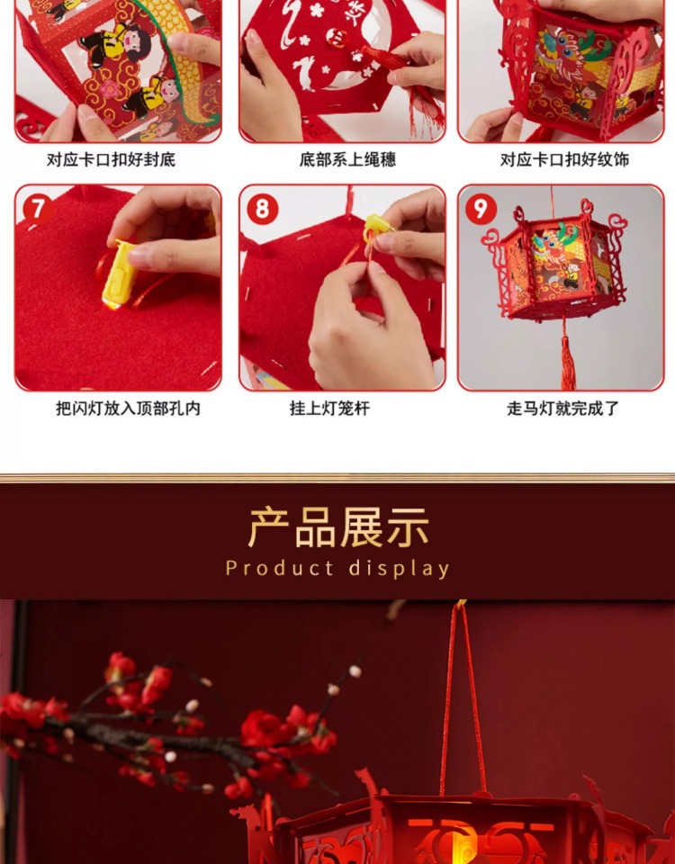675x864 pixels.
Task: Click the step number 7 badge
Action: pyautogui.click(x=38, y=210)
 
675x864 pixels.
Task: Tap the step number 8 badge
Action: pyautogui.click(x=262, y=210)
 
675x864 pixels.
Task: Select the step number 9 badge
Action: pyautogui.click(x=481, y=210)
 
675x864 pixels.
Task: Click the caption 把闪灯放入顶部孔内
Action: pyautogui.click(x=128, y=409)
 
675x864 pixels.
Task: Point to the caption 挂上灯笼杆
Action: pyautogui.click(x=329, y=409)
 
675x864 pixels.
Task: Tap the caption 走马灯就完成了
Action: pyautogui.click(x=562, y=409)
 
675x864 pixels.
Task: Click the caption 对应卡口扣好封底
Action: pyautogui.click(x=111, y=160)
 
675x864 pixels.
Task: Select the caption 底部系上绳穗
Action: pyautogui.click(x=347, y=160)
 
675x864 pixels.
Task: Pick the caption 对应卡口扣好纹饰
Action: pyautogui.click(x=564, y=160)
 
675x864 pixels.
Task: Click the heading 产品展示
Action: pyautogui.click(x=338, y=527)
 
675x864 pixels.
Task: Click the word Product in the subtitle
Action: pyautogui.click(x=279, y=568)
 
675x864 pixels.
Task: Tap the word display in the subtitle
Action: pyautogui.click(x=400, y=569)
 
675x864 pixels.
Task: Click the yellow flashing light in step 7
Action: pyautogui.click(x=120, y=274)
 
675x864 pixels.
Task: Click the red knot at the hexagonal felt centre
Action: pyautogui.click(x=337, y=38)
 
